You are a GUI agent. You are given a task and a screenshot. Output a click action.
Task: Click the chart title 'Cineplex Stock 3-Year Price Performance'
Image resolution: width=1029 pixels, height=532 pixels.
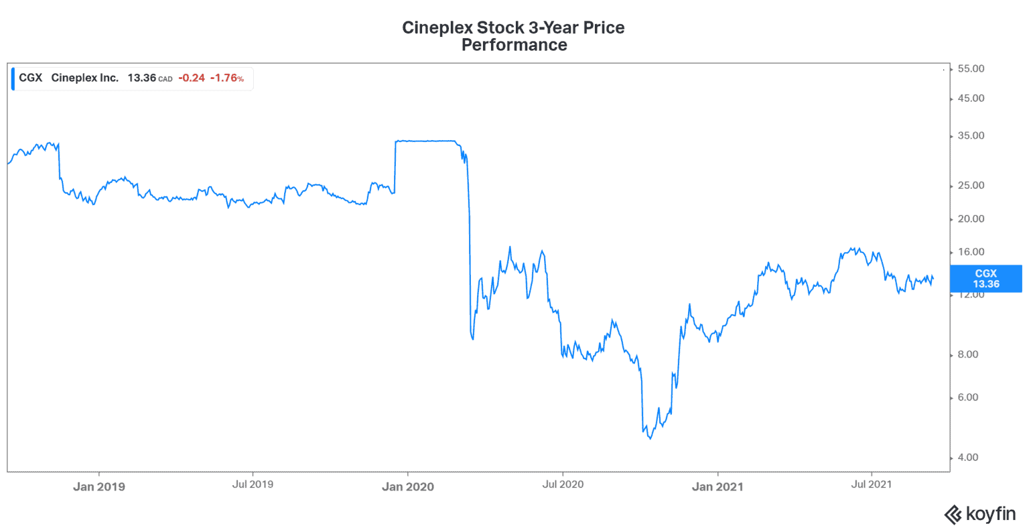point(513,36)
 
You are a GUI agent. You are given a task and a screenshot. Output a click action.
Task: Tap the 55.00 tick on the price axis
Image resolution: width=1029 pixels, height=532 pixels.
point(971,69)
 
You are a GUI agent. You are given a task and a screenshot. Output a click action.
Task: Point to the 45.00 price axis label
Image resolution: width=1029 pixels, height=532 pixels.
point(971,98)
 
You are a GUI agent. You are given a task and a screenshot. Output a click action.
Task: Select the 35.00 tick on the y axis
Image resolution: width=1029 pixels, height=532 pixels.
point(971,136)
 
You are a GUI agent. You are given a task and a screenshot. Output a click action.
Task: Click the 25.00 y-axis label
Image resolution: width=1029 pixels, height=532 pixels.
point(971,186)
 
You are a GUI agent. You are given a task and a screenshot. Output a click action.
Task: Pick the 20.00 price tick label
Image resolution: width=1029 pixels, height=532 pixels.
point(971,219)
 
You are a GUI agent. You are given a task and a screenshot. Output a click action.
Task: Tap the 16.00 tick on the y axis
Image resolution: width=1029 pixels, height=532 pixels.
point(971,253)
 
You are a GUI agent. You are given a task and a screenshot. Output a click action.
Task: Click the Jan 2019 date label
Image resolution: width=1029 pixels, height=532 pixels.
point(99,487)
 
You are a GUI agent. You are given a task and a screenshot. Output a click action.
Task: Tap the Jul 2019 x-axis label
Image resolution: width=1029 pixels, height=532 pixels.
point(253,484)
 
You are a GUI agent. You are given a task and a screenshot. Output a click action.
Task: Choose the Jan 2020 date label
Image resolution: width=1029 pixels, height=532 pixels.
point(408,487)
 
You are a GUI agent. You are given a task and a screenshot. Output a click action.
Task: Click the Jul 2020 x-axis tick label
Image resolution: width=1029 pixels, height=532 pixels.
point(563,484)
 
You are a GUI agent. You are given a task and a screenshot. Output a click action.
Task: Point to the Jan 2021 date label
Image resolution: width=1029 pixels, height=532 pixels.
point(717,487)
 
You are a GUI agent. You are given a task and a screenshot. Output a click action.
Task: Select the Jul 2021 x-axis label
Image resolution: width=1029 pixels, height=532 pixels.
point(871,484)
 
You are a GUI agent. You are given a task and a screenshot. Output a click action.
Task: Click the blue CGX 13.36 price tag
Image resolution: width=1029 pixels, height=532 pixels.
point(985,279)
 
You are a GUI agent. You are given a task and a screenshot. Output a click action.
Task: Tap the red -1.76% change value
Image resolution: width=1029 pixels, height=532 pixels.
point(226,78)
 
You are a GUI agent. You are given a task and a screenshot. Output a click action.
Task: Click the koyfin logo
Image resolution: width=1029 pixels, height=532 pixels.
point(979,515)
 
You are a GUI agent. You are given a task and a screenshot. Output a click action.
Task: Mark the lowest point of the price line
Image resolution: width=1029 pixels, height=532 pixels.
point(650,439)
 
